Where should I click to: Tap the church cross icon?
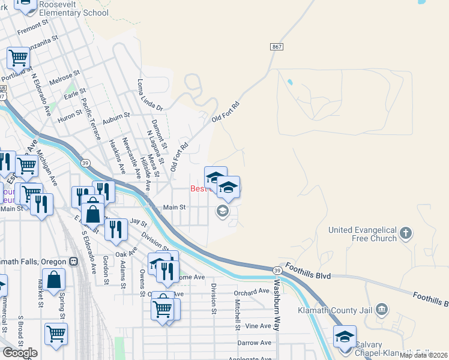coord(406,233)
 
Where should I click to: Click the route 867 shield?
coord(276,46)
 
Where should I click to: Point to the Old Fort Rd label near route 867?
coord(226,112)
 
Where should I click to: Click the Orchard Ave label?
coord(252,292)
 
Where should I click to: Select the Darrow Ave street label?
coord(256,343)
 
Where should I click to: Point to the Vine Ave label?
coord(259,326)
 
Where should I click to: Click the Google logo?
coord(20,353)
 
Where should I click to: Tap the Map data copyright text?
coord(423,355)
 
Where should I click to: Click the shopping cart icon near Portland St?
coord(18,59)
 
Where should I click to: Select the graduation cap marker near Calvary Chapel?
coord(345,337)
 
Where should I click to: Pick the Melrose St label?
coord(64,79)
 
